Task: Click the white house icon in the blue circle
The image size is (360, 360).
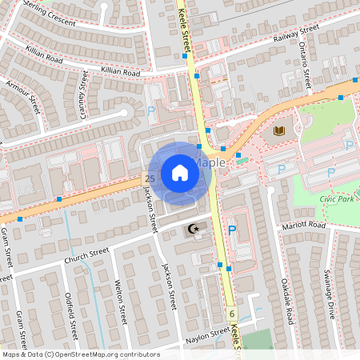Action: click(180, 173)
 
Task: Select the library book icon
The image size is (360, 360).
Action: click(279, 130)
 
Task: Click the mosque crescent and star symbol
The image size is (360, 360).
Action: click(193, 230)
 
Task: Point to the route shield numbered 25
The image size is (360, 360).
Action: click(150, 177)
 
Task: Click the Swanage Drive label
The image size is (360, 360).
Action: click(330, 292)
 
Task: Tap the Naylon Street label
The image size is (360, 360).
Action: click(208, 335)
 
